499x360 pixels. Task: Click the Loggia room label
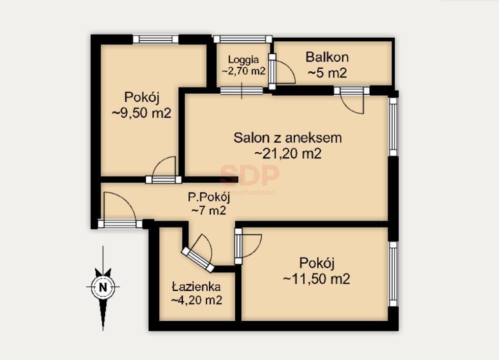click(x=243, y=59)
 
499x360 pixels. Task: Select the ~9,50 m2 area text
click(x=142, y=113)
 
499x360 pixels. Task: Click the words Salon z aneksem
click(x=288, y=137)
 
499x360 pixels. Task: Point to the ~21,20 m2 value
click(x=288, y=153)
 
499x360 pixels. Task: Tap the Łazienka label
click(x=196, y=287)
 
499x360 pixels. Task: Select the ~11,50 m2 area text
click(x=316, y=279)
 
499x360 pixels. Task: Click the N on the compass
click(x=103, y=287)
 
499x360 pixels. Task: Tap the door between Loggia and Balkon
click(x=283, y=70)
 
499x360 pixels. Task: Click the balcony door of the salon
click(x=352, y=101)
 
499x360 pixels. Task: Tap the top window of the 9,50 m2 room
click(x=156, y=39)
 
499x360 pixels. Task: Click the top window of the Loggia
click(x=242, y=39)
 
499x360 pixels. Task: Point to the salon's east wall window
click(x=393, y=126)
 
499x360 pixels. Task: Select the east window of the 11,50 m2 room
click(x=393, y=273)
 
